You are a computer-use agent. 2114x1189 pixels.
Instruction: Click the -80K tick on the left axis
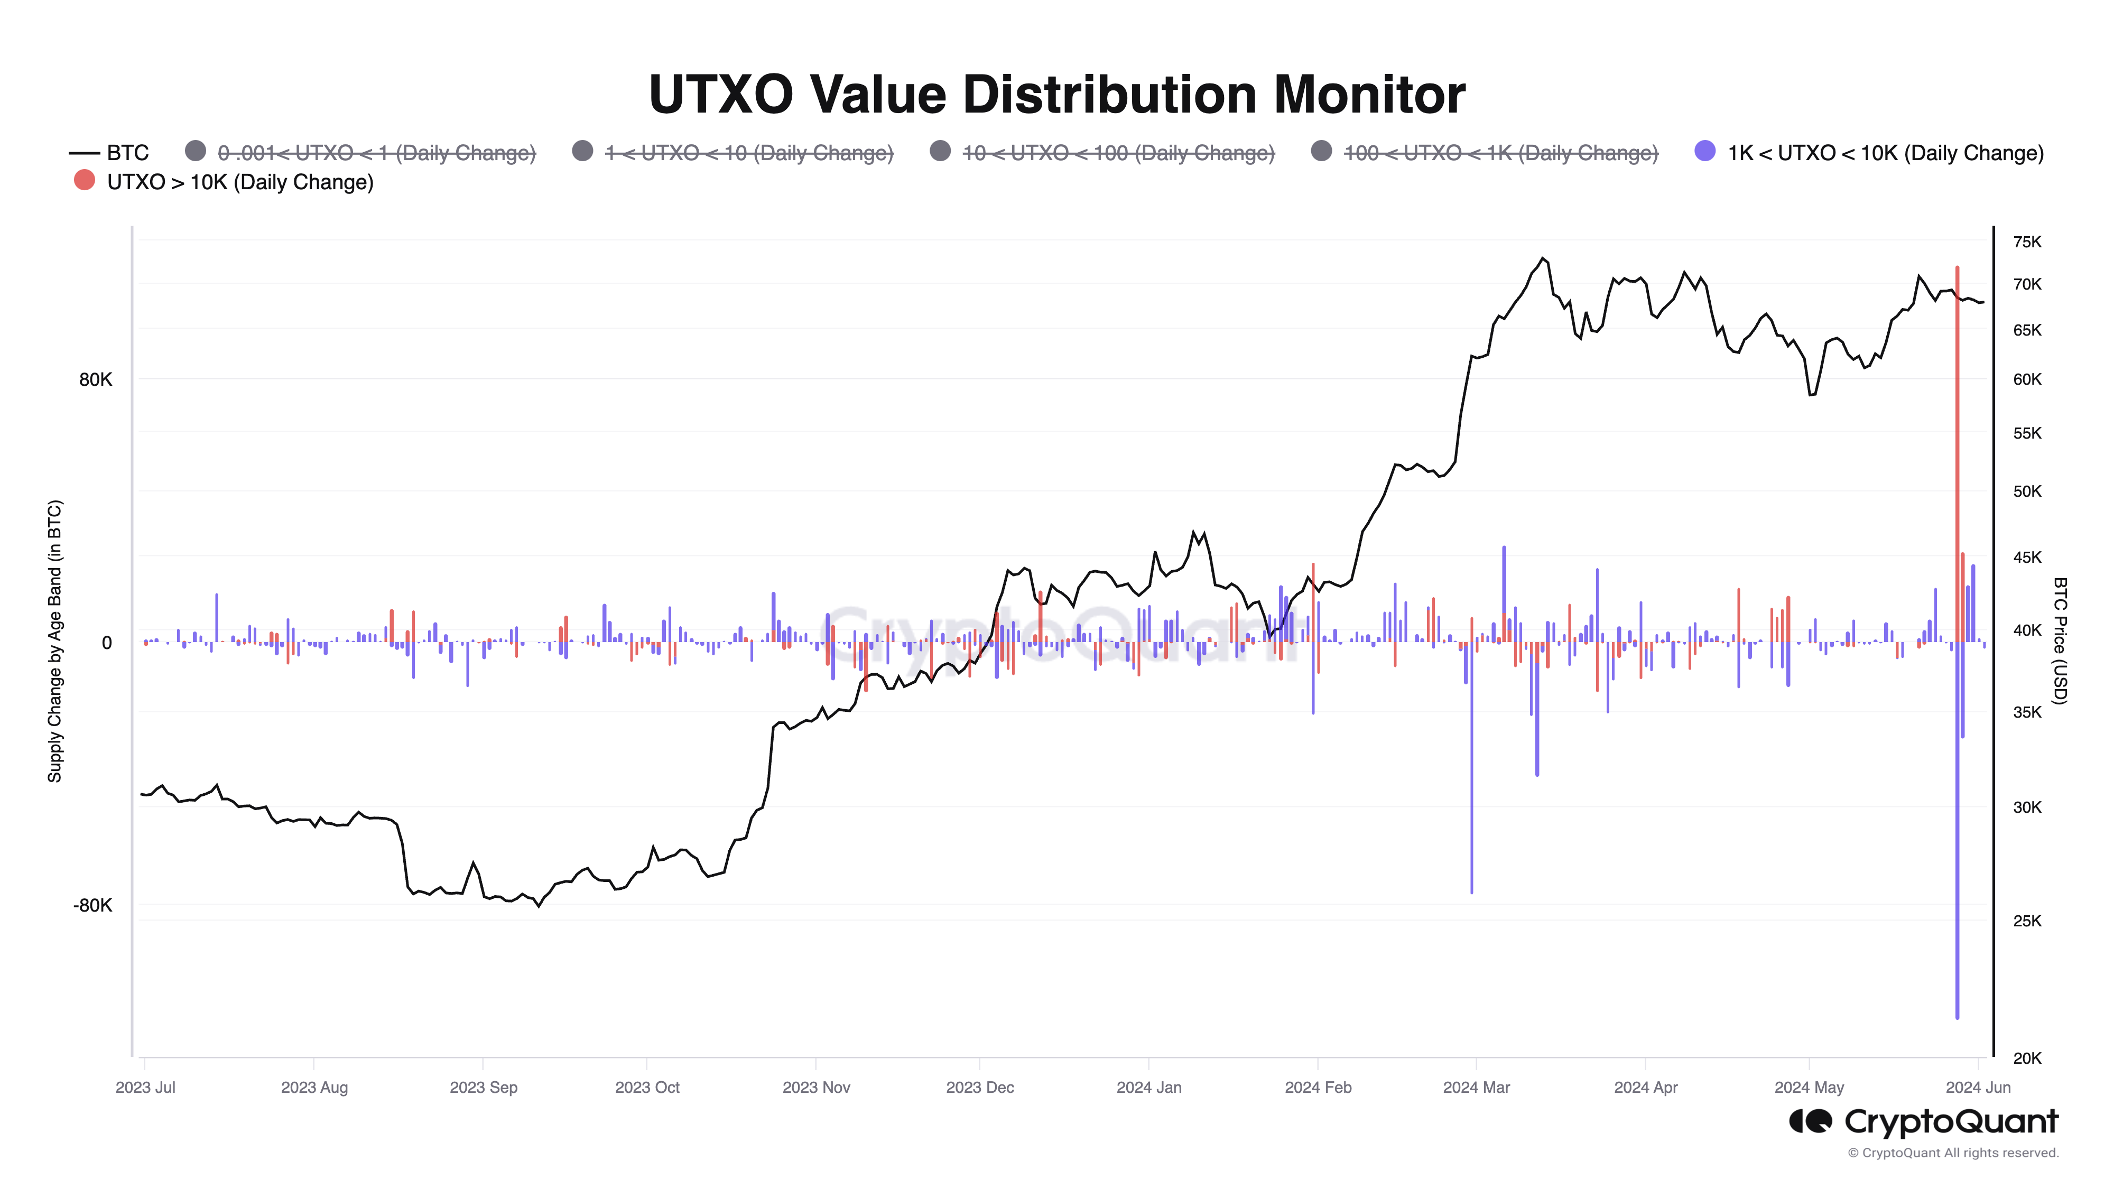tap(92, 905)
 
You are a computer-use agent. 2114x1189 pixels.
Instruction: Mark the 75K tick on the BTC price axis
tap(2026, 242)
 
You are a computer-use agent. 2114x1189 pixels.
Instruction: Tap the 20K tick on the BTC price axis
tap(2026, 1058)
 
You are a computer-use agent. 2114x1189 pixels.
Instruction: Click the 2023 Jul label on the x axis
tap(145, 1087)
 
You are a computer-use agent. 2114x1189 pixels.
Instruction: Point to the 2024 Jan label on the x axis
tap(1149, 1087)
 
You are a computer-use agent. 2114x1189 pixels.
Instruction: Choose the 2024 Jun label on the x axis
tap(1978, 1087)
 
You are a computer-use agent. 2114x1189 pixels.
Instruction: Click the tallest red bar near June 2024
tap(1957, 410)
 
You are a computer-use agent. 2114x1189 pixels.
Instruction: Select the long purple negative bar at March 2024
tap(1471, 779)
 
